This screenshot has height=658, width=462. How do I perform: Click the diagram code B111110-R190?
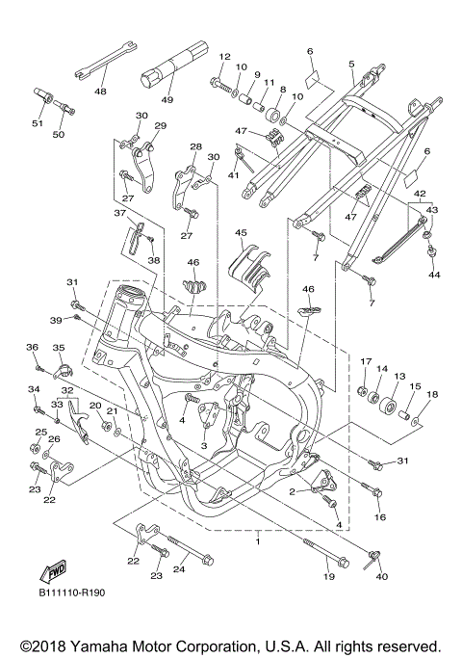tap(72, 592)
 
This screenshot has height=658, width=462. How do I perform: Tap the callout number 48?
tap(101, 92)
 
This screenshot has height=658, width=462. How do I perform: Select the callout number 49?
tap(167, 99)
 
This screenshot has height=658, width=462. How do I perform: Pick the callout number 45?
tap(241, 232)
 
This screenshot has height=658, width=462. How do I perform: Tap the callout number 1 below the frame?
tap(258, 541)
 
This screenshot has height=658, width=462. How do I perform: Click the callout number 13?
tap(400, 377)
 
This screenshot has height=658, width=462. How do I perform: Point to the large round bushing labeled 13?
tap(389, 406)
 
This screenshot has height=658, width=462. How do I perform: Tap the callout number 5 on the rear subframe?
tap(351, 65)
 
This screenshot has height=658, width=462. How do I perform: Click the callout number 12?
tap(225, 57)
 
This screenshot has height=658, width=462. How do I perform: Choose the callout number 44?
tap(434, 275)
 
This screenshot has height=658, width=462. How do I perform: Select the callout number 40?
tap(382, 576)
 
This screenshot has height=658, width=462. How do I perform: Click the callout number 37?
tap(120, 214)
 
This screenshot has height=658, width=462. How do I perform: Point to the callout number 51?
tap(38, 123)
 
